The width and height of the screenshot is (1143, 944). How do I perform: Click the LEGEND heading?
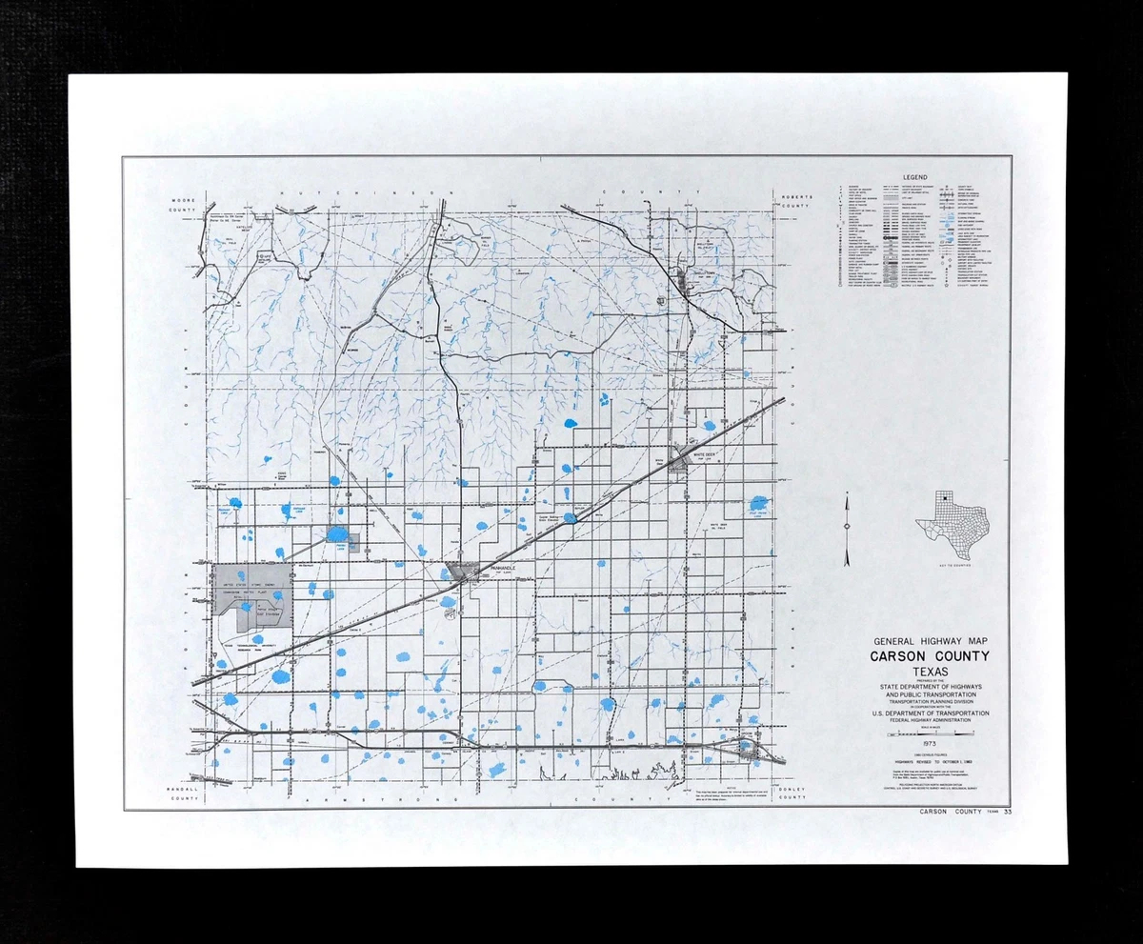tap(916, 177)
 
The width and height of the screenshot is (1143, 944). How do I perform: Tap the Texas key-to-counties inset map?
tap(952, 527)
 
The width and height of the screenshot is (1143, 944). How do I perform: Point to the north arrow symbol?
tap(846, 529)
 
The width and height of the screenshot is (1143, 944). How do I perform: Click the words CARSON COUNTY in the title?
tap(930, 656)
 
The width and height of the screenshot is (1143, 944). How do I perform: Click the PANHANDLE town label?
tap(502, 568)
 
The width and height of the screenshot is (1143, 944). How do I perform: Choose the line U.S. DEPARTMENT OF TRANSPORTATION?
tap(930, 713)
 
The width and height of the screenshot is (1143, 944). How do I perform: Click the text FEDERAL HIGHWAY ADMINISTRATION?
tap(930, 720)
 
